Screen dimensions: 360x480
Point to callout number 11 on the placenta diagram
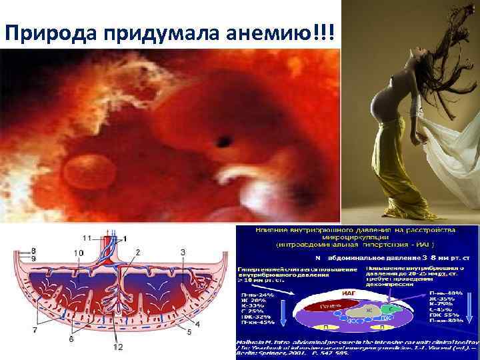pyautogui.click(x=87, y=238)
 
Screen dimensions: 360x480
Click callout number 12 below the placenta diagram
pyautogui.click(x=118, y=348)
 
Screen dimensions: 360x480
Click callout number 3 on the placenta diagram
pyautogui.click(x=182, y=251)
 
